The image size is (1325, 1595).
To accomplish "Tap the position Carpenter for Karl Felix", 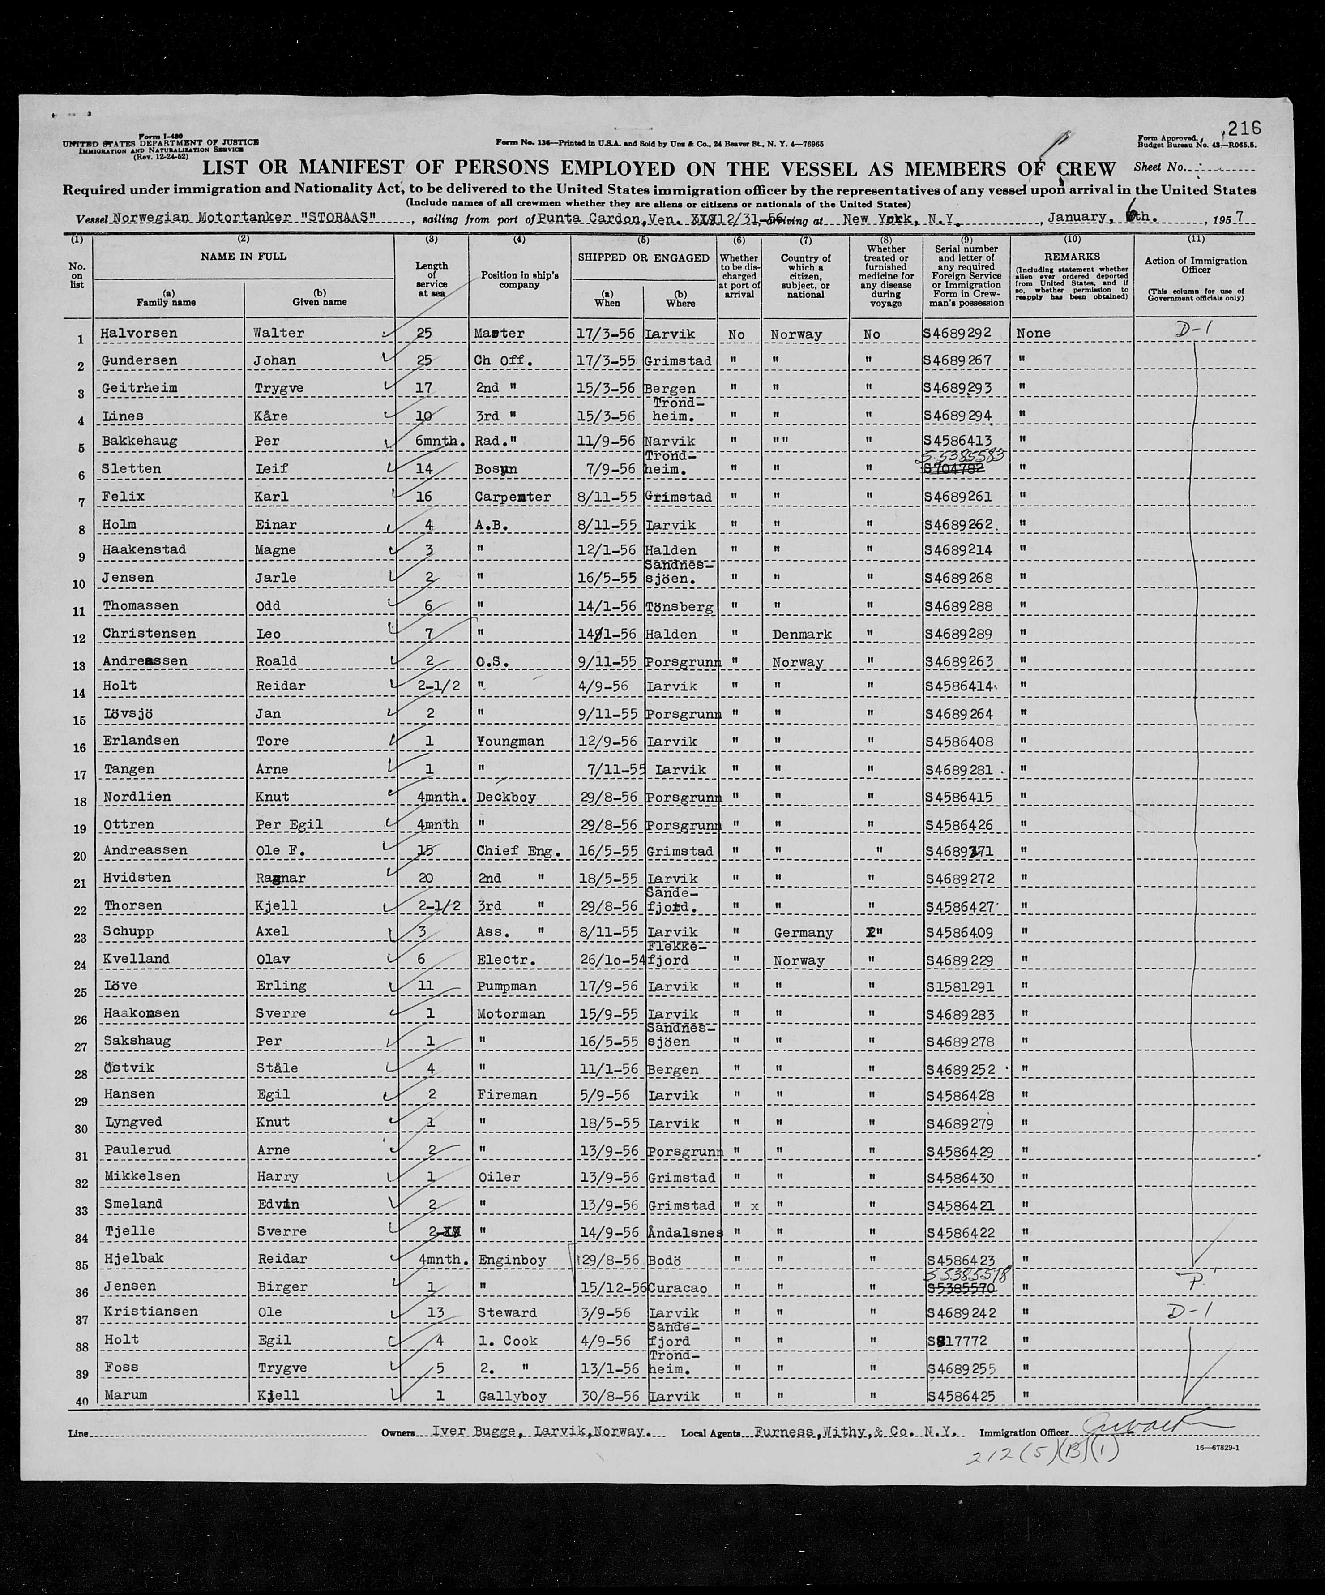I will (x=514, y=497).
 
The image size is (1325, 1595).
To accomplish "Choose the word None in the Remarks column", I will (x=1034, y=334).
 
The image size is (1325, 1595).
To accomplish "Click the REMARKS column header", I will (x=1071, y=257).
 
